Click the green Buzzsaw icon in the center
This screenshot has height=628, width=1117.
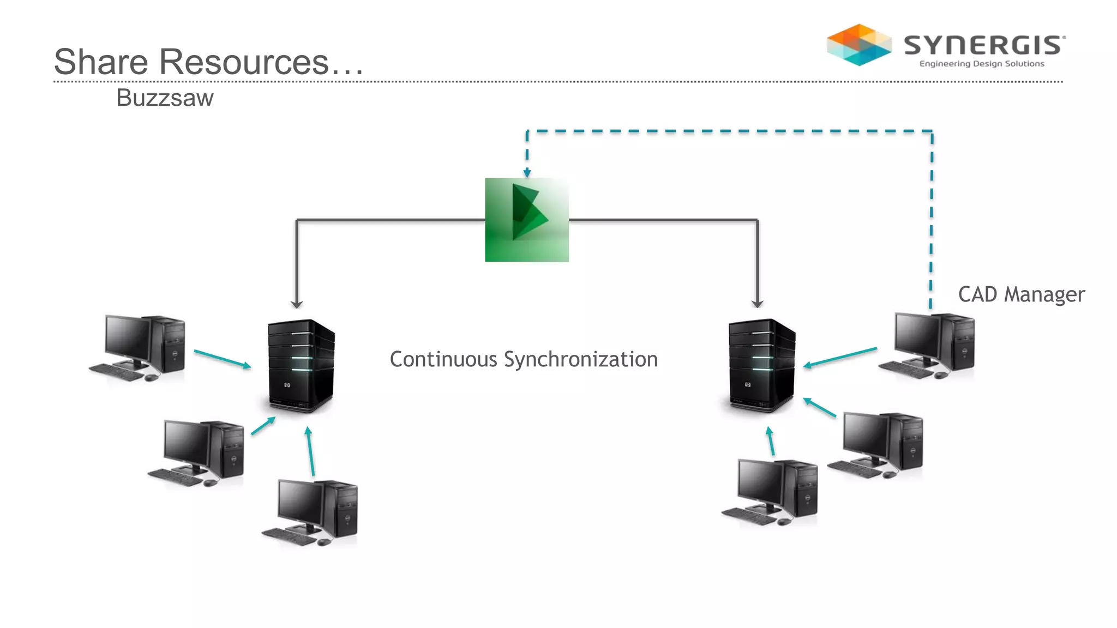coord(527,220)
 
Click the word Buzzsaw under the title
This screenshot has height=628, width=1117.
coord(165,98)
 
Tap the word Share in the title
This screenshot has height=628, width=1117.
coord(101,62)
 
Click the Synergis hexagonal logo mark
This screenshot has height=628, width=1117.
coord(859,45)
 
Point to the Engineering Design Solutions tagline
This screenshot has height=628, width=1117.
coord(982,64)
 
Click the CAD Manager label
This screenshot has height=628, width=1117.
coord(1021,294)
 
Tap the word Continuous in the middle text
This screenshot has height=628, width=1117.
coord(443,359)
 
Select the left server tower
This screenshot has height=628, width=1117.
coord(301,365)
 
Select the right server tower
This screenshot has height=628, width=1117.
coord(762,365)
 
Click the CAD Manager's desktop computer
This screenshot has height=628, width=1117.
coord(927,345)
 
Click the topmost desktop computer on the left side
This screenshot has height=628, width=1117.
coord(138,348)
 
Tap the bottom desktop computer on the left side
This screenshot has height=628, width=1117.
coord(310,512)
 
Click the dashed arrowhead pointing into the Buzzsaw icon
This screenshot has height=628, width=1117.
coord(527,173)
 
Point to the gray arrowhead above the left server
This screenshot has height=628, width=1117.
coord(296,304)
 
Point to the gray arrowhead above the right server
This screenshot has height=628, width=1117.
coord(757,304)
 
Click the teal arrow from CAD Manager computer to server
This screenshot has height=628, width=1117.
coord(840,357)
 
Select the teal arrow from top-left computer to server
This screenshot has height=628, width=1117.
coord(222,359)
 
